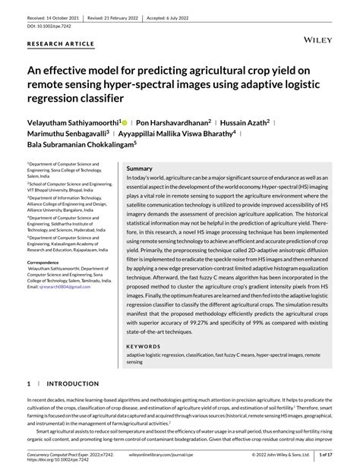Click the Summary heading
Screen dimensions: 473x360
(x=139, y=168)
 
